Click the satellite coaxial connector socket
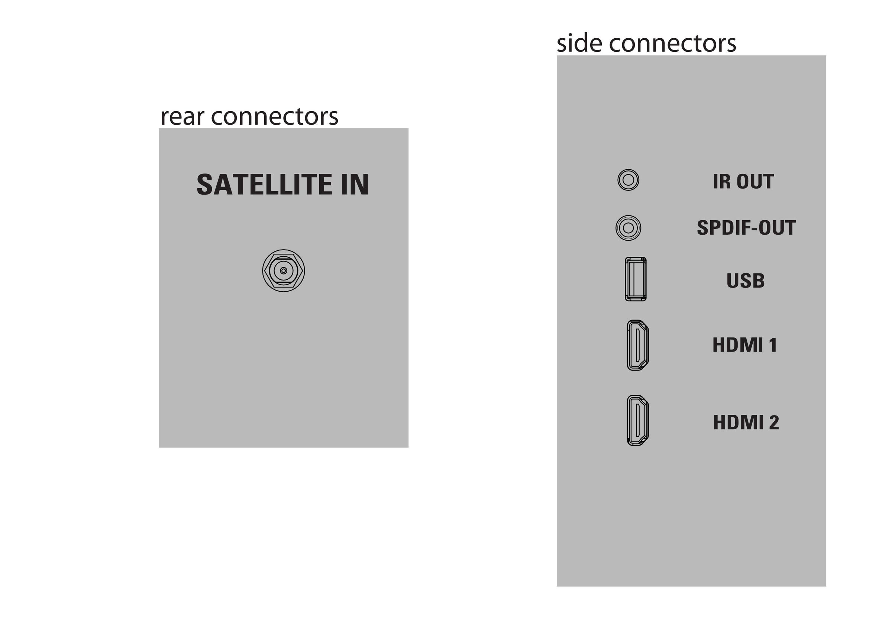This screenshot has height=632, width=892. point(284,271)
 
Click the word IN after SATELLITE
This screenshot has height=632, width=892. point(355,185)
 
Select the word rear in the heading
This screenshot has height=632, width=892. point(182,117)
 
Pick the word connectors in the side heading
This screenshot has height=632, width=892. point(672,44)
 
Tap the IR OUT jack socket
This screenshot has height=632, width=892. point(628,180)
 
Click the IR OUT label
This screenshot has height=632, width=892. point(743,182)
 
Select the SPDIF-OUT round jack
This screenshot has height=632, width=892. point(628,228)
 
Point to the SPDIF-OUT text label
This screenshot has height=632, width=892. point(746,228)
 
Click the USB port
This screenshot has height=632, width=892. point(636,279)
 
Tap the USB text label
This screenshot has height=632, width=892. point(746,281)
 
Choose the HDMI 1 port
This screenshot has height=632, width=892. point(638,345)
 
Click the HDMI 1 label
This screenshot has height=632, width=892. point(744,345)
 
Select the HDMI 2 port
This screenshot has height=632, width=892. point(638,420)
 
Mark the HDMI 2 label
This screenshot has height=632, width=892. point(746,423)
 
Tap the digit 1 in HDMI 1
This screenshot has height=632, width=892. point(773,345)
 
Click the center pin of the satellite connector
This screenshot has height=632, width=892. point(284,271)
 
